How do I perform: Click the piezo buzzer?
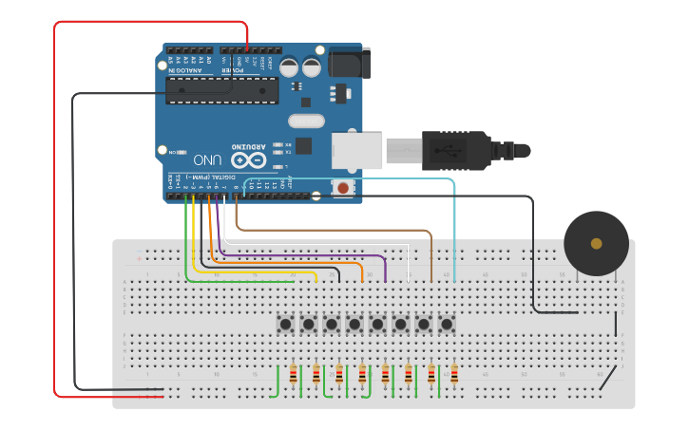coord(596,244)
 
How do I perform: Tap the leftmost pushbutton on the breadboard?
coord(285,325)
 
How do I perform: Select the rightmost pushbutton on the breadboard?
coord(447,325)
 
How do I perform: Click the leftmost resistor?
coord(293,374)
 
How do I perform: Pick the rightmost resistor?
coord(454,374)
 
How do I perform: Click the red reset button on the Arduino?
coord(343,187)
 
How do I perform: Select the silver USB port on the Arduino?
coord(357,150)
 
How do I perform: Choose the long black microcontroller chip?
coord(222,90)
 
